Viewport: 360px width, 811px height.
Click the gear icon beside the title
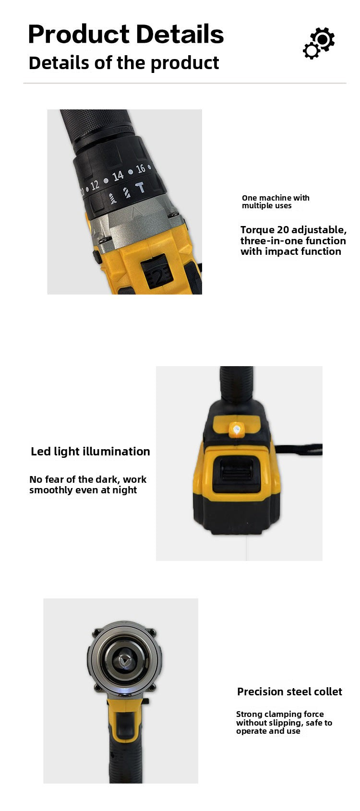click(x=319, y=43)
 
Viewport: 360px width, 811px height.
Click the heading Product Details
click(x=126, y=35)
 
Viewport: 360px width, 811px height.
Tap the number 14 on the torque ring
click(x=118, y=176)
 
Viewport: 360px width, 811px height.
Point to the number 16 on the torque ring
click(x=141, y=168)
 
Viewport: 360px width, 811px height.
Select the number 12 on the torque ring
click(x=95, y=185)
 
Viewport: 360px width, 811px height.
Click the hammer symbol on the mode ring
click(x=140, y=188)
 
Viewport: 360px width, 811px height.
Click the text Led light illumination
click(x=90, y=452)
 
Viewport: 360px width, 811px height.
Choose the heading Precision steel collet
click(x=289, y=692)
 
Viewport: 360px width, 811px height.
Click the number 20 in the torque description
click(x=283, y=229)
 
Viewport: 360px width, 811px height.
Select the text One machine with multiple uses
click(x=276, y=202)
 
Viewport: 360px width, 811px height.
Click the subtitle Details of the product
click(x=124, y=63)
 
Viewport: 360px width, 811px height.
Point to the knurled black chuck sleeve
click(x=96, y=127)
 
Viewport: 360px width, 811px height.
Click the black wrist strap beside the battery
click(x=299, y=449)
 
